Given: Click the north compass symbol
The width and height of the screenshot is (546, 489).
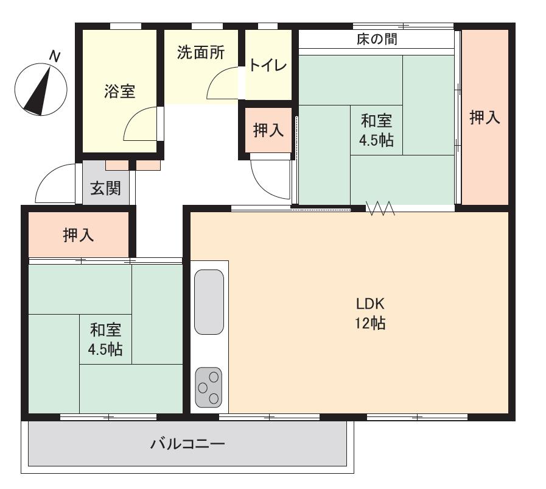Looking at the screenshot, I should (x=40, y=89).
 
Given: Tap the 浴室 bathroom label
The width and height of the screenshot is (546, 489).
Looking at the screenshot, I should (x=119, y=92).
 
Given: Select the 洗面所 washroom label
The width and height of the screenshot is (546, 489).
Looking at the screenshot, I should (x=201, y=53).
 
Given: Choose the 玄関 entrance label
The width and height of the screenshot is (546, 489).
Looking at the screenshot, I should (x=105, y=188).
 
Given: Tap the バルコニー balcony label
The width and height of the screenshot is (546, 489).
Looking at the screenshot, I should (x=187, y=443).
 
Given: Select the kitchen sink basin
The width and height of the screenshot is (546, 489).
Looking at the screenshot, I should (x=209, y=302).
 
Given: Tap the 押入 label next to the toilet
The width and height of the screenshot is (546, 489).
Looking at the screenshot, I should (x=268, y=130).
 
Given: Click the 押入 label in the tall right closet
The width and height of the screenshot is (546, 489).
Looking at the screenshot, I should (x=485, y=118).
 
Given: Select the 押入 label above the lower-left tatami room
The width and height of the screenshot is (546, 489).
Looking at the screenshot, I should (x=79, y=235).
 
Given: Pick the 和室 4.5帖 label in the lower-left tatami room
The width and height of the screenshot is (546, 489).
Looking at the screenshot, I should (x=106, y=340).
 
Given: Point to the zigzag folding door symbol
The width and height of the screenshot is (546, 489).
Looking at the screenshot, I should (x=380, y=209).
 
